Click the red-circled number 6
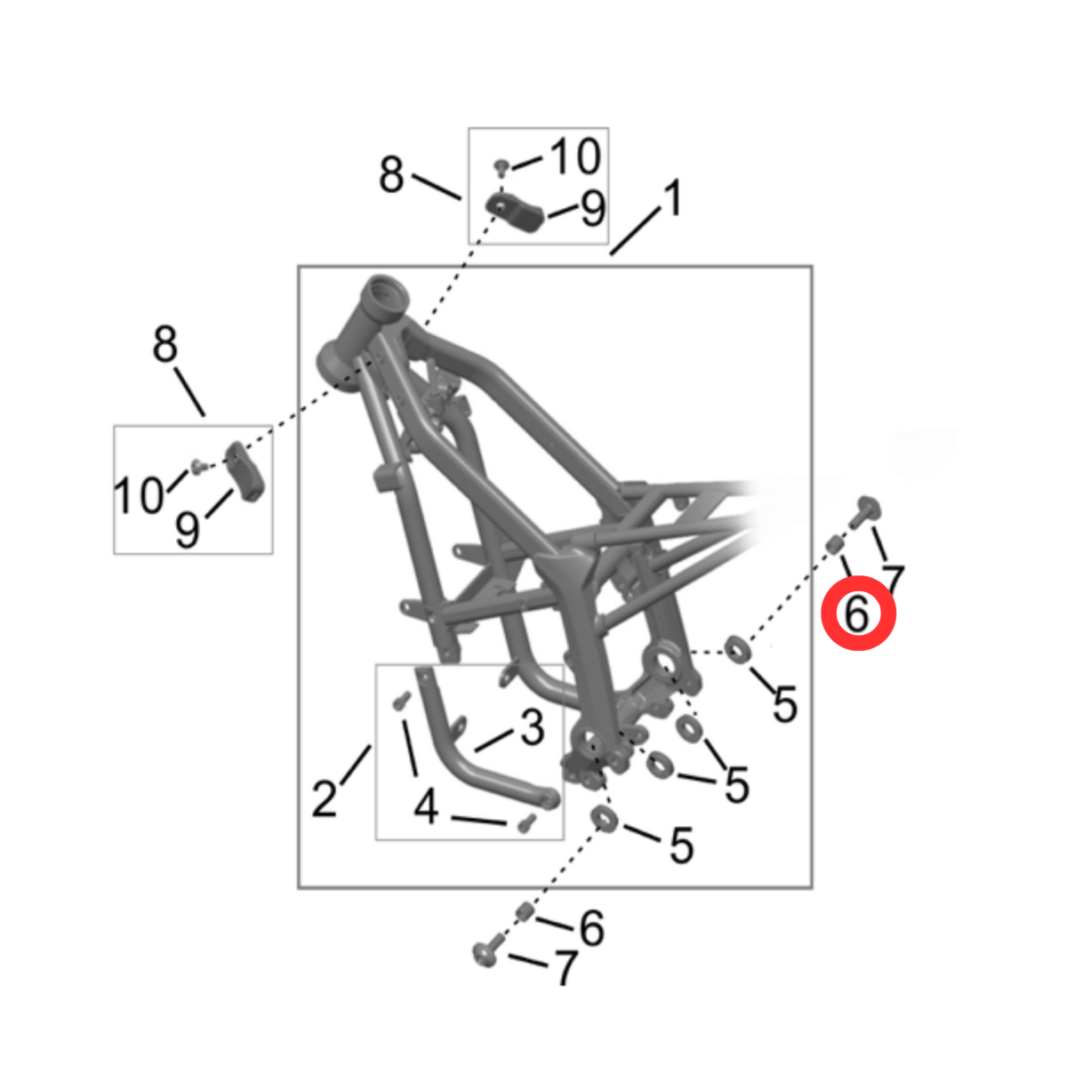856,614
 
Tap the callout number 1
673,197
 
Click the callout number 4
427,806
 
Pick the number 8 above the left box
165,344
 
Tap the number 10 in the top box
576,156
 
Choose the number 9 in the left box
187,529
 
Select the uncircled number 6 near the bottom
592,928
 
